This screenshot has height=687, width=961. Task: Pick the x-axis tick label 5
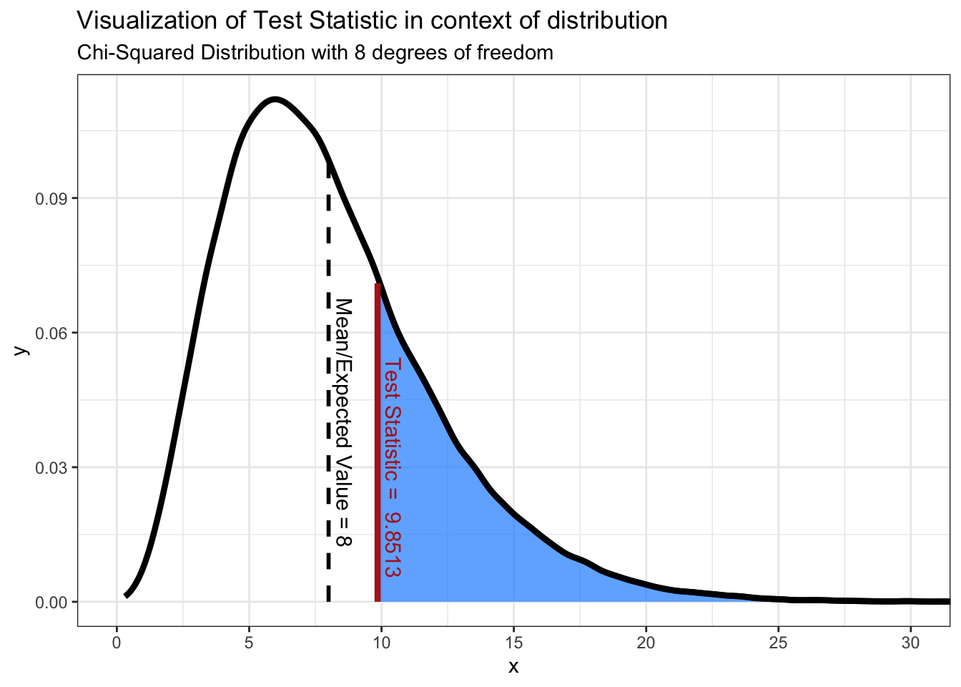coord(249,643)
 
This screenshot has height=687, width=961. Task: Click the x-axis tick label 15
coord(513,643)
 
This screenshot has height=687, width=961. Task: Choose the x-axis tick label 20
coord(646,643)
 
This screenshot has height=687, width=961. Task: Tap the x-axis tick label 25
coord(778,643)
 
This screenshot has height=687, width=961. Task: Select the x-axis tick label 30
coord(910,643)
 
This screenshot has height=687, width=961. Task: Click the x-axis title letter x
coord(513,667)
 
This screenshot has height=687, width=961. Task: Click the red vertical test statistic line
coord(377,444)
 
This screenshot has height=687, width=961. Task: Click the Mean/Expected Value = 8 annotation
coord(344,422)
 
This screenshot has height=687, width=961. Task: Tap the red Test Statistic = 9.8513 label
coord(392,468)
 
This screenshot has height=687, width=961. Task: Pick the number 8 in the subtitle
coord(359,53)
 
